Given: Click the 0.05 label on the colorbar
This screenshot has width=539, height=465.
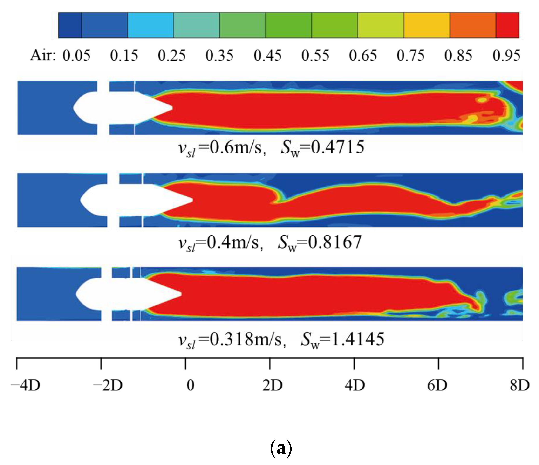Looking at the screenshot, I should [76, 56].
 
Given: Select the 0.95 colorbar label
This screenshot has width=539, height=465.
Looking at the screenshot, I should [506, 56].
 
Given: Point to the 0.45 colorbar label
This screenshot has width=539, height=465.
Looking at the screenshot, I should [267, 56].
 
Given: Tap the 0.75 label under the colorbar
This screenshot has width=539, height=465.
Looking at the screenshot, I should [410, 56].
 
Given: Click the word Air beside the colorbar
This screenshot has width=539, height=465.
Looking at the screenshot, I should [43, 56].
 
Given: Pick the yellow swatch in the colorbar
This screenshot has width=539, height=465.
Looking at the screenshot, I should [427, 25].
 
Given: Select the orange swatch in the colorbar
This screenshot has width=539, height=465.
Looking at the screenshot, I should [473, 25].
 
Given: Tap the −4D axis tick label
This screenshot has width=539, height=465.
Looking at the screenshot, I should [26, 385].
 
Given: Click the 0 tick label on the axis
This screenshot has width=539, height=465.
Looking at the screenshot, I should [190, 385].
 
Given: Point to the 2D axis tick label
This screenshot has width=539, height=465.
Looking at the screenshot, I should [272, 385].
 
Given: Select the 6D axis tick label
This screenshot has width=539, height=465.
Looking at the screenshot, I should [437, 385].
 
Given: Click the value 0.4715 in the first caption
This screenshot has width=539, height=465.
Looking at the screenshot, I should [337, 147].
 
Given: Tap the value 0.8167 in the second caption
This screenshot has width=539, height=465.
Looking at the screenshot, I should [334, 242].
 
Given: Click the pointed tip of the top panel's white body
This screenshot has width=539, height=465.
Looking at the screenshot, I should [172, 107].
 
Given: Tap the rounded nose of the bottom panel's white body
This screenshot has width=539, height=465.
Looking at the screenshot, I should [77, 294].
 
